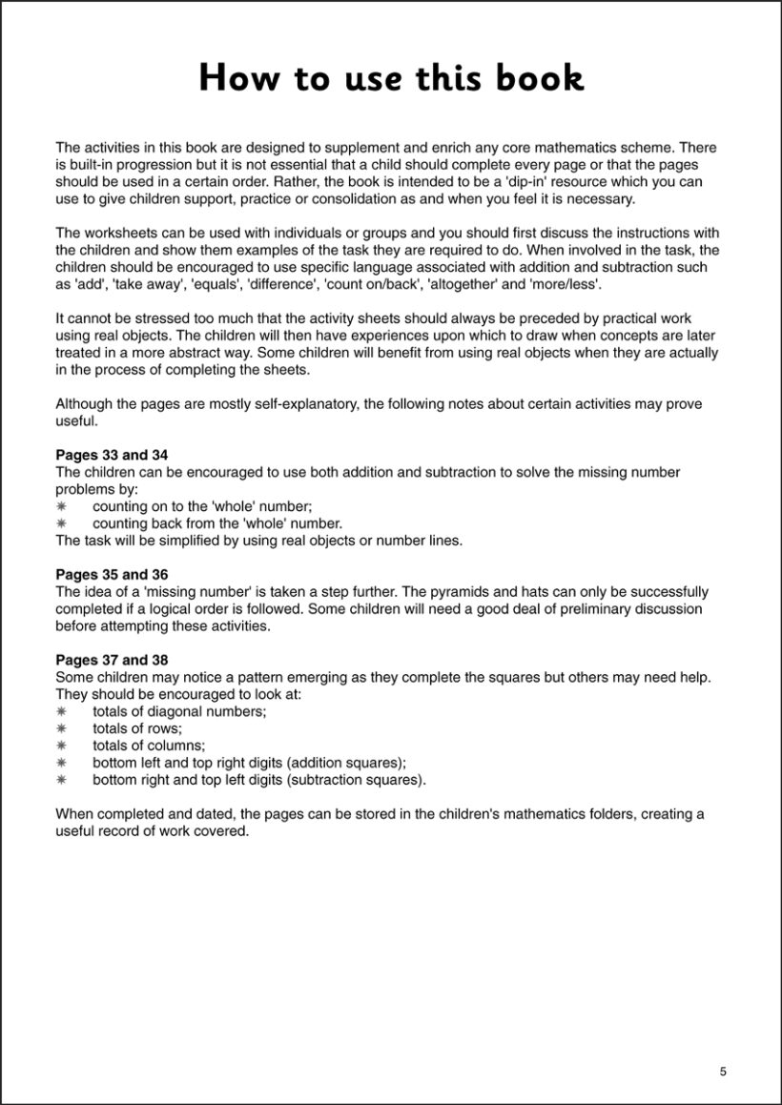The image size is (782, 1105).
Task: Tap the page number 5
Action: pos(723,1071)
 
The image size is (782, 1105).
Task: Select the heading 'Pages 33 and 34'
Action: pos(112,455)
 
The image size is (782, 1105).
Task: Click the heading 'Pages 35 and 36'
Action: pos(112,574)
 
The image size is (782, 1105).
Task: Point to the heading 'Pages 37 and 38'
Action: pos(112,660)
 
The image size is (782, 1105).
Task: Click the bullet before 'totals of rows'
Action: pos(61,728)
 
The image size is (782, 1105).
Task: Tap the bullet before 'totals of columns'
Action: pos(61,746)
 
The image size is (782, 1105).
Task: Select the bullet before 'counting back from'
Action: pos(61,523)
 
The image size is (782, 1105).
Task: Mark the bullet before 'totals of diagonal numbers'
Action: pos(61,711)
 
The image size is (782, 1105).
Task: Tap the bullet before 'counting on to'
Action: pos(61,506)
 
